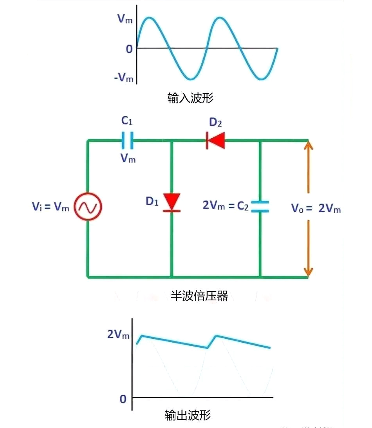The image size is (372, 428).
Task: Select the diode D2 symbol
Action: click(x=216, y=140)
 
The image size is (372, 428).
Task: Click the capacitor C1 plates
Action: click(x=127, y=140)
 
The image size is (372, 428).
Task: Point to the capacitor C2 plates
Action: click(x=260, y=206)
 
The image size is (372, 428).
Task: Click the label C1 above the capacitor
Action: click(x=126, y=121)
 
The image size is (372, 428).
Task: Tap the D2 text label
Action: click(x=216, y=122)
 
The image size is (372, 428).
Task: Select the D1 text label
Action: click(x=152, y=202)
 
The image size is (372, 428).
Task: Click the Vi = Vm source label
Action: click(x=51, y=207)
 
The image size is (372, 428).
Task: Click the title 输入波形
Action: click(x=190, y=98)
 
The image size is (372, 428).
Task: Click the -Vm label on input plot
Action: click(x=124, y=78)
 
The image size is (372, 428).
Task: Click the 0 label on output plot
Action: click(x=123, y=399)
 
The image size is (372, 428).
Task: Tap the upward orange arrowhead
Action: click(x=308, y=147)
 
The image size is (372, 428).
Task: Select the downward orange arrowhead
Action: click(x=308, y=270)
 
